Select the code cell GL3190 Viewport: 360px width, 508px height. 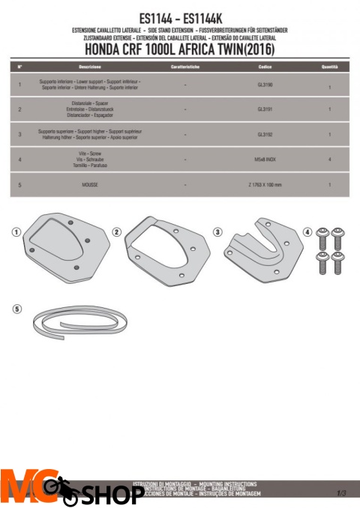pyautogui.click(x=265, y=85)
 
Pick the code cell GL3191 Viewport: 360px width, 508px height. pyautogui.click(x=265, y=109)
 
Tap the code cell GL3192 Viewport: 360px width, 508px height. pyautogui.click(x=265, y=134)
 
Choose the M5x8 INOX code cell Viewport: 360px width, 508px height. pyautogui.click(x=265, y=159)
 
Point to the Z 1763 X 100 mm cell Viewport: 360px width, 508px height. pyautogui.click(x=265, y=184)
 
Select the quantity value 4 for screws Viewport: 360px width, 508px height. pyautogui.click(x=329, y=160)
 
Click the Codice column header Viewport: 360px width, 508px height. pyautogui.click(x=265, y=67)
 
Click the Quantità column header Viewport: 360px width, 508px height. pyautogui.click(x=329, y=67)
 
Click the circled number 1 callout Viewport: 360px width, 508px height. pyautogui.click(x=16, y=232)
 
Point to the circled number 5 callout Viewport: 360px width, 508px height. pyautogui.click(x=17, y=309)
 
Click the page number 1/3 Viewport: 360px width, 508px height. pyautogui.click(x=341, y=492)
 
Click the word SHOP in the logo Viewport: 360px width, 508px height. pyautogui.click(x=112, y=495)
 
